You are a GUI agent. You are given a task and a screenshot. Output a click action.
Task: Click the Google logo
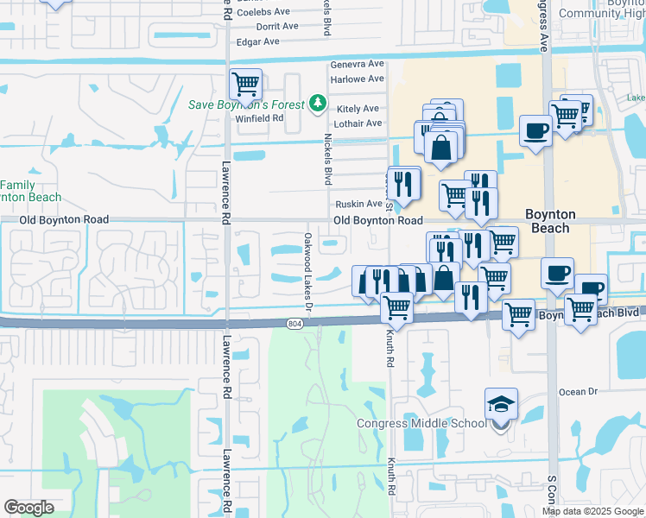pos(28,508)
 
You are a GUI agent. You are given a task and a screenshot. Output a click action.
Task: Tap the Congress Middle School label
pos(421,423)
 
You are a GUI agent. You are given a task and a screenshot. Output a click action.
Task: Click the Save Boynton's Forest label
pos(247,104)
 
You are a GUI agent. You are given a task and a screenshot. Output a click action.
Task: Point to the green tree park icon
pos(318,104)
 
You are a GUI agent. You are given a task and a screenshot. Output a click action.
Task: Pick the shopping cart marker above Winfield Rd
pos(246,85)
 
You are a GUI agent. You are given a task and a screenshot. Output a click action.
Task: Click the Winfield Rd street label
pos(260,118)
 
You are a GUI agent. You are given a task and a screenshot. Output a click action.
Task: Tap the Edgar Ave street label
pos(258,41)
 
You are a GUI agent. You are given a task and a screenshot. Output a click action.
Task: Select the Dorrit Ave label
pos(278,26)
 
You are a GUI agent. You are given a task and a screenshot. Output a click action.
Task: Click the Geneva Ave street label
pos(358,65)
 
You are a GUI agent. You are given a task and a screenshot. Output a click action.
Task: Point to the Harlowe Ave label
pos(358,79)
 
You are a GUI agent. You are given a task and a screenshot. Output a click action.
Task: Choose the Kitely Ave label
pos(358,109)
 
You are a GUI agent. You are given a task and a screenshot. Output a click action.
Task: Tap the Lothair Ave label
pos(358,123)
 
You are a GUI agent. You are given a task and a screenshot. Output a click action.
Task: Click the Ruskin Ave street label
pos(358,205)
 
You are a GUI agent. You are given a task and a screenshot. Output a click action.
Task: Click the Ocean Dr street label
pos(578,392)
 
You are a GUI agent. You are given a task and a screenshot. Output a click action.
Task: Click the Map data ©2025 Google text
pos(592,511)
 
